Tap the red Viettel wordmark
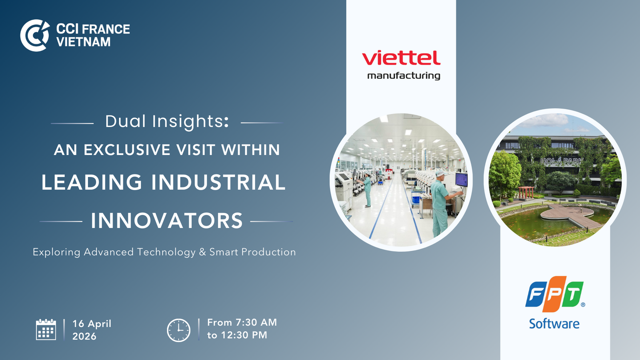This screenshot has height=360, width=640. point(401,58)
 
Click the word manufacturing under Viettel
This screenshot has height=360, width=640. point(404,76)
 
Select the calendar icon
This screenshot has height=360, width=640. point(46,330)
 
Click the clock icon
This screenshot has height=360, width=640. point(179,330)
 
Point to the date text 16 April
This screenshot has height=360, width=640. point(92,324)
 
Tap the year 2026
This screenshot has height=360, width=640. point(84,336)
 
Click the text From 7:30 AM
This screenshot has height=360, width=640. point(242,322)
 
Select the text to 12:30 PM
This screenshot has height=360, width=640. point(237,335)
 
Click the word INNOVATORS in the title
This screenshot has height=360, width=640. point(167,220)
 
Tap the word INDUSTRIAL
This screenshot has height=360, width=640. point(218,182)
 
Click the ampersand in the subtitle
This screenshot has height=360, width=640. point(202,252)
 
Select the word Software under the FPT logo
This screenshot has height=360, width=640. point(554,324)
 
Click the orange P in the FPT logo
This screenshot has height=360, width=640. point(554,294)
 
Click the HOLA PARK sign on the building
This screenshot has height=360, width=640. point(561,162)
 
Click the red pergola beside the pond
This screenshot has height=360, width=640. point(526,192)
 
